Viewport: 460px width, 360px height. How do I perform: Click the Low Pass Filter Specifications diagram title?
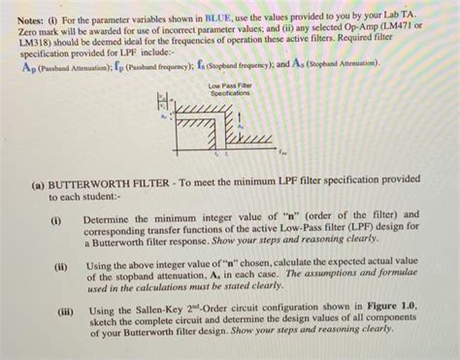point(230,90)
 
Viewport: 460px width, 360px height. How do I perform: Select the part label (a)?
point(38,180)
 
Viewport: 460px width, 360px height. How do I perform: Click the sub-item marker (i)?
point(55,215)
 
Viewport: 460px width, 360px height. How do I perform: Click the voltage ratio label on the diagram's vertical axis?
point(161,102)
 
